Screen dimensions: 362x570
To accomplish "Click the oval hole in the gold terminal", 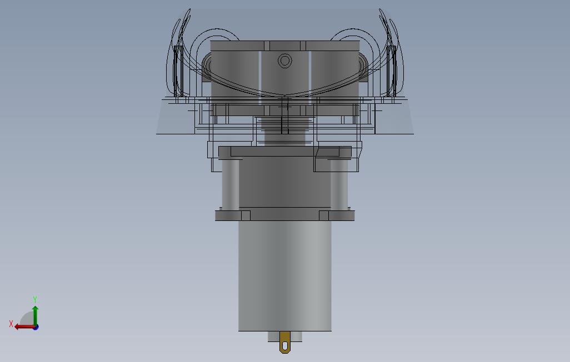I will click(x=285, y=345).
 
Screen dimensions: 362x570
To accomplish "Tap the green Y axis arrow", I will click(x=35, y=314).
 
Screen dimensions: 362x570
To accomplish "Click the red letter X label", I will click(x=11, y=324).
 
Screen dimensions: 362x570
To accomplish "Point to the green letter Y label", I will click(x=35, y=300).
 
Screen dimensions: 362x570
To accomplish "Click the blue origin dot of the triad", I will click(x=36, y=327).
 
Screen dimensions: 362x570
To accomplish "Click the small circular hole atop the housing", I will click(x=284, y=61).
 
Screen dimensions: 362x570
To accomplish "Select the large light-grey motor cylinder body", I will click(x=284, y=275).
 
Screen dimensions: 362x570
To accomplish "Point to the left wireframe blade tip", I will click(x=189, y=11).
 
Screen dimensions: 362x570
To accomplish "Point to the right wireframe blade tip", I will click(x=381, y=11).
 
